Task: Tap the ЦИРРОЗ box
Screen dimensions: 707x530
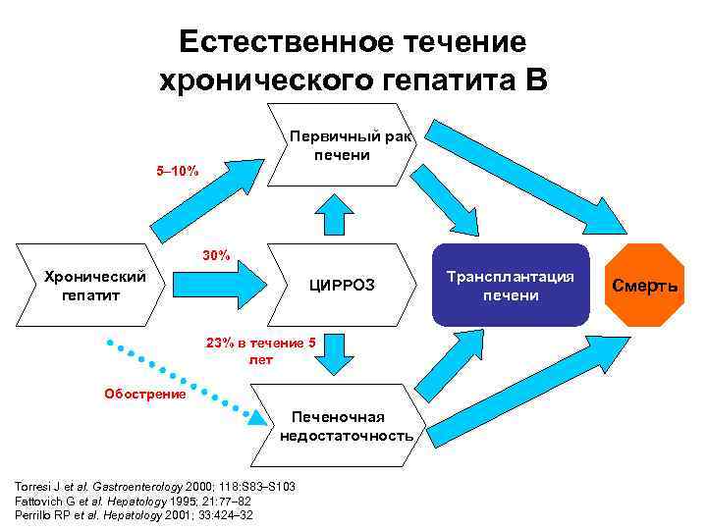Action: click(342, 286)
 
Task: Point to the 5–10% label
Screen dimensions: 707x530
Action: click(178, 173)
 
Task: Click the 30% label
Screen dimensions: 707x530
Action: click(216, 256)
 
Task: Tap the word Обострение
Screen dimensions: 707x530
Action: click(145, 395)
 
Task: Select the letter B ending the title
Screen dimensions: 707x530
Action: click(535, 79)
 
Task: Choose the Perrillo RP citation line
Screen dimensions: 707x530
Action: click(132, 514)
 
